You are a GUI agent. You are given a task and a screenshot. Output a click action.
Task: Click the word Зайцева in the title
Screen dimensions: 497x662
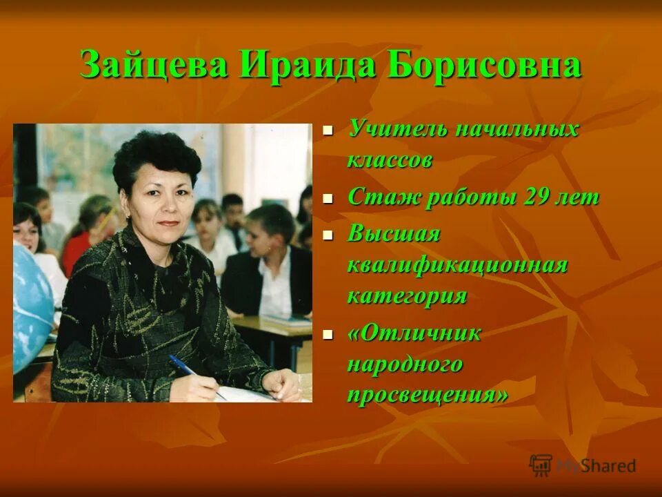tap(154, 66)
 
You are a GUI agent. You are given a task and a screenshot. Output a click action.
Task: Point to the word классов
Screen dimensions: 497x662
tap(390, 160)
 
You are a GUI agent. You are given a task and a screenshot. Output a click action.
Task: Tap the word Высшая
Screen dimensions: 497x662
tap(393, 234)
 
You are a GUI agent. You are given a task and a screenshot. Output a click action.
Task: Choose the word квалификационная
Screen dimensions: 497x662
tap(457, 265)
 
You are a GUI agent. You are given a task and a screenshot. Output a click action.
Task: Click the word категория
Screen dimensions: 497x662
tap(407, 296)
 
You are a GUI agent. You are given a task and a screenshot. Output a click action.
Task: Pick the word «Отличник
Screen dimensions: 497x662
tap(414, 333)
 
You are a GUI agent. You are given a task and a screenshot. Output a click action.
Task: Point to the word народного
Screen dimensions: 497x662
tap(405, 364)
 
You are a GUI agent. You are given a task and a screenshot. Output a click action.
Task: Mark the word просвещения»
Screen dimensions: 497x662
tap(428, 395)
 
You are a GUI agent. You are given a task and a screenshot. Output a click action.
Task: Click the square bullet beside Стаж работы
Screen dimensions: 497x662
tap(328, 198)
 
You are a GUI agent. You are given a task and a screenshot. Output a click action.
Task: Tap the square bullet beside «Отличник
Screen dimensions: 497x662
tap(328, 333)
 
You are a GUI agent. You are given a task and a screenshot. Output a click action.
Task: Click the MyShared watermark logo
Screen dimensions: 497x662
tap(583, 465)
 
